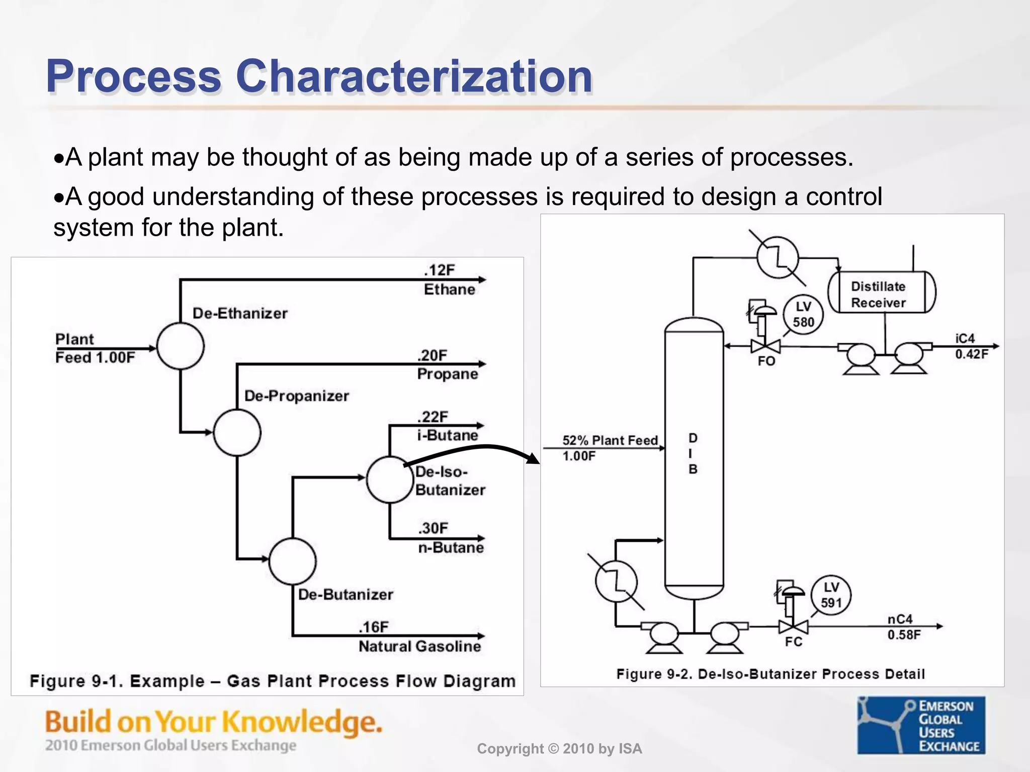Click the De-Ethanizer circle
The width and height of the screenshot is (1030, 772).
pos(181,346)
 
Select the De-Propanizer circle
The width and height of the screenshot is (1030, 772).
pos(237,433)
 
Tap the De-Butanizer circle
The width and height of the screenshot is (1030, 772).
pos(292,561)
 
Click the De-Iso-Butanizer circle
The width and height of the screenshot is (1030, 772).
pos(390,479)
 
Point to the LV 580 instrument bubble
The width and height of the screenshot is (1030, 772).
pos(803,314)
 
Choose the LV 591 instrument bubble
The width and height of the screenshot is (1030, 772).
pos(831,595)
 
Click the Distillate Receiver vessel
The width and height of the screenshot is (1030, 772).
pos(881,293)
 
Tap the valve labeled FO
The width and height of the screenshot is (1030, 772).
pos(765,346)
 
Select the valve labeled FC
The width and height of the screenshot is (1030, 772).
pos(793,627)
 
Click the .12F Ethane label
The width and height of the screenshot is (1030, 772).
pos(449,280)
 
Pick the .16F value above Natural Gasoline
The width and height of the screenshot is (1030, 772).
pos(374,627)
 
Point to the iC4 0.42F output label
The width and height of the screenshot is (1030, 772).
pos(971,346)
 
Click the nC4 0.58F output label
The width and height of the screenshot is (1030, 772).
pos(903,627)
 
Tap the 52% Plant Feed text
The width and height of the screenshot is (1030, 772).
pos(610,440)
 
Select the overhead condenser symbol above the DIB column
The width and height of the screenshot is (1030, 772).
pos(778,258)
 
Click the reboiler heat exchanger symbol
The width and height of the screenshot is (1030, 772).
pos(616,582)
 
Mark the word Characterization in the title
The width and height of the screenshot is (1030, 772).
pos(414,76)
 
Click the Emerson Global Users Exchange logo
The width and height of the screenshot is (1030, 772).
pos(921,725)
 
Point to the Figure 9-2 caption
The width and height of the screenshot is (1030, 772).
pos(770,674)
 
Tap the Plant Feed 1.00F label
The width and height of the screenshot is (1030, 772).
pos(95,348)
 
